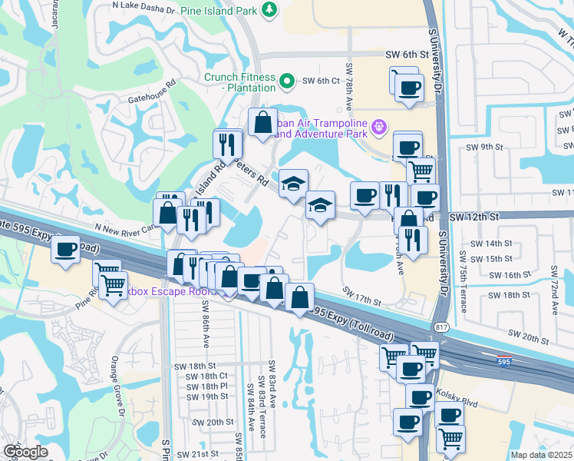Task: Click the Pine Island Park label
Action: (x=219, y=11)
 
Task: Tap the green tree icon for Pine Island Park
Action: (x=269, y=9)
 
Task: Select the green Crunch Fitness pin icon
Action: (x=286, y=80)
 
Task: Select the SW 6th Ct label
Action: (x=321, y=81)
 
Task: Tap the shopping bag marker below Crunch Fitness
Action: (x=262, y=122)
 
